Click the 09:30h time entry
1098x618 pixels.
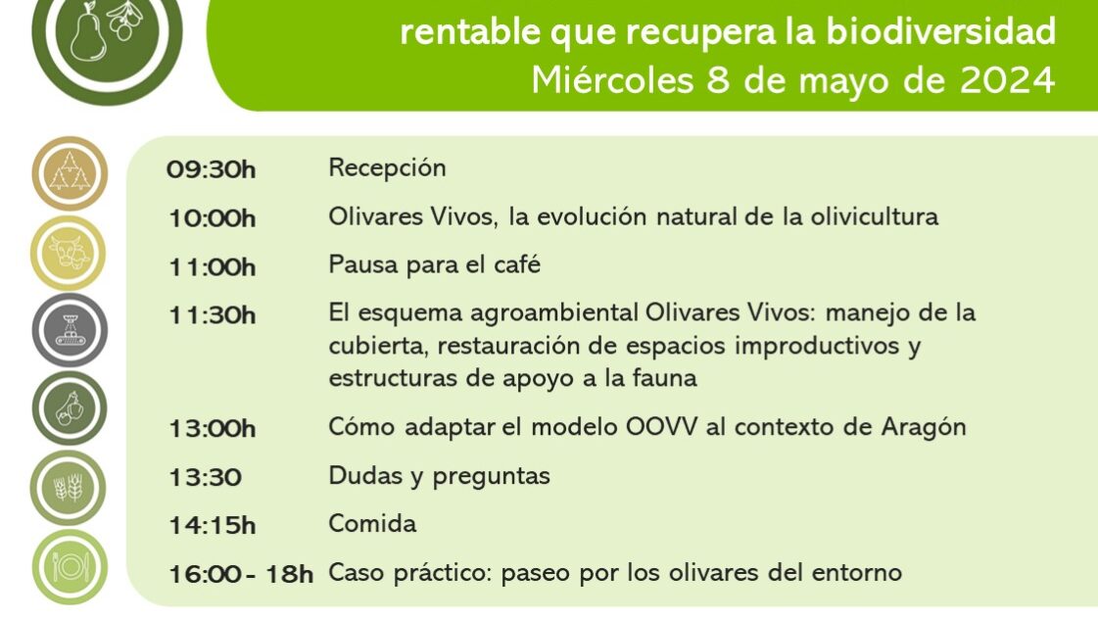tap(212, 169)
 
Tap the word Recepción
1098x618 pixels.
tap(387, 168)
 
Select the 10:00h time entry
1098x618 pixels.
tap(212, 218)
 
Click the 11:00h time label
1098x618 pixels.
tap(212, 266)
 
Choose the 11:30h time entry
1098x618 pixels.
tap(212, 314)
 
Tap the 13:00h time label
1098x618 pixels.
tap(212, 428)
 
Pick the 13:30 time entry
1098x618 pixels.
tap(205, 477)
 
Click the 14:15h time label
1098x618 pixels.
tap(212, 525)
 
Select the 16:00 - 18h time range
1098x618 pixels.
tap(240, 573)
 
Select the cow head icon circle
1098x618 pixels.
tap(69, 253)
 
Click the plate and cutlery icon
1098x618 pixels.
tap(69, 566)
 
